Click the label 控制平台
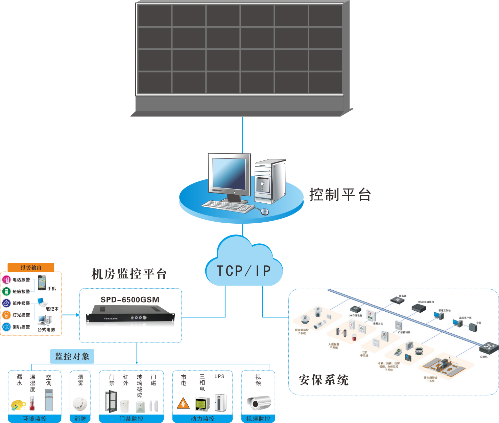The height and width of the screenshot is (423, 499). [340, 195]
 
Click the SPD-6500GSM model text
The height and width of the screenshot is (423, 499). [130, 299]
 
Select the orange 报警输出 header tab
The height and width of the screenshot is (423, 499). [31, 267]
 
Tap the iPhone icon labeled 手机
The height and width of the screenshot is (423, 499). [42, 283]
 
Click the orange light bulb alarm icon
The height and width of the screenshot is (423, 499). [6, 315]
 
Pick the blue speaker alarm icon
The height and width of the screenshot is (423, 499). [6, 327]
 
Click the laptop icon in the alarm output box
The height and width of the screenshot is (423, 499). [42, 302]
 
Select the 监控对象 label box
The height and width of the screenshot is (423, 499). [72, 356]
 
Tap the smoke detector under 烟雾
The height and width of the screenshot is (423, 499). [80, 403]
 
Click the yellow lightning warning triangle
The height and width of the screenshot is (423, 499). [183, 404]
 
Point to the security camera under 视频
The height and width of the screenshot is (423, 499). [259, 403]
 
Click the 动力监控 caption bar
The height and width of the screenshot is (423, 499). [202, 419]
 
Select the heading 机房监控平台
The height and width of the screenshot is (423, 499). [129, 274]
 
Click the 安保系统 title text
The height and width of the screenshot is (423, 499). [323, 380]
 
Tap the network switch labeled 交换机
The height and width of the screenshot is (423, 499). [489, 348]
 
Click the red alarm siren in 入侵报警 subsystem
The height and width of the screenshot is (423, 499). [354, 337]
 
